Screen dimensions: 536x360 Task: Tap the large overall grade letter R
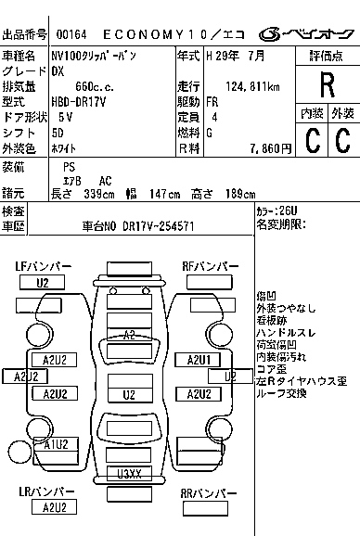click(x=327, y=85)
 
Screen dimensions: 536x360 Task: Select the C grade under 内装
click(x=312, y=141)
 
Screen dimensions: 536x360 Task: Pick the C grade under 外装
click(x=342, y=141)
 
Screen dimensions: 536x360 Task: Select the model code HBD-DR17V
click(x=81, y=102)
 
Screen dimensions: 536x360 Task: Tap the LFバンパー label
click(x=44, y=266)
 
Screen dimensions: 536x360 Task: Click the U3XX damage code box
click(x=128, y=474)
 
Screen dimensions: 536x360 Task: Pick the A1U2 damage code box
click(x=55, y=444)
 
